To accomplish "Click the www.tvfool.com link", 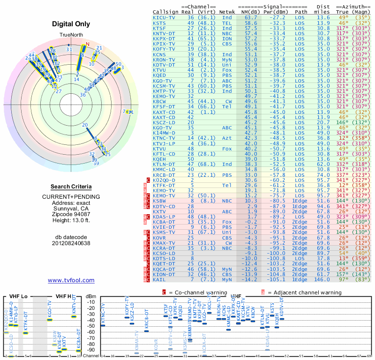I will [71, 280].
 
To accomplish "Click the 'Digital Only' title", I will [71, 24].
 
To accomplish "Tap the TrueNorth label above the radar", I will [70, 35].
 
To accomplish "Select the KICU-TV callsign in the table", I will [165, 17].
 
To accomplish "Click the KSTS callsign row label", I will [159, 22].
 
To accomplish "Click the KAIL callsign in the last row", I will [159, 279].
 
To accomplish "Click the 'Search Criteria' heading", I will [71, 187].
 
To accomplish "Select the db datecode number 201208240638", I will [71, 243].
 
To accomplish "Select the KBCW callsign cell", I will [159, 101].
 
